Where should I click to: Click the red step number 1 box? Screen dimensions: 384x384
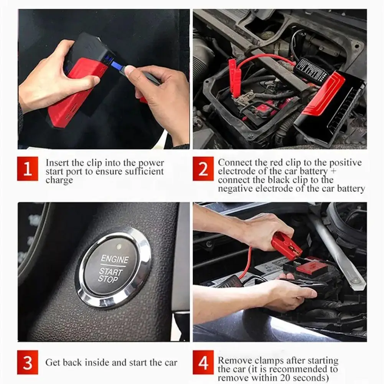pyautogui.click(x=28, y=169)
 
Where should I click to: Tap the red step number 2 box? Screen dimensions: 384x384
pyautogui.click(x=203, y=169)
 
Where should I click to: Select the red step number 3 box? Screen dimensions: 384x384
pyautogui.click(x=28, y=363)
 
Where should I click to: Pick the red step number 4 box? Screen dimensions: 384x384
pyautogui.click(x=203, y=363)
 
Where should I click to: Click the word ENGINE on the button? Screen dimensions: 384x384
pyautogui.click(x=115, y=259)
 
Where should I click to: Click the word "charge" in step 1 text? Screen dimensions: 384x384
pyautogui.click(x=59, y=180)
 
